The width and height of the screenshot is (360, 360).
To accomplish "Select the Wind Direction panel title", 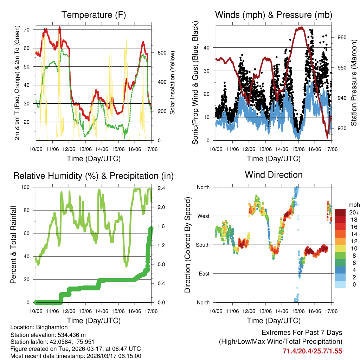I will [274, 175].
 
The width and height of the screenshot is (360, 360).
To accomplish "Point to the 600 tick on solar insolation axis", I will [161, 53].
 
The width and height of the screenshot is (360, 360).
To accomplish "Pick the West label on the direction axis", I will [203, 216].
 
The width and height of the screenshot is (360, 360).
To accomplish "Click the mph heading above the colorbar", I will [353, 205].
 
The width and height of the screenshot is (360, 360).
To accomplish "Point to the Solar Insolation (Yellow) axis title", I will [173, 83].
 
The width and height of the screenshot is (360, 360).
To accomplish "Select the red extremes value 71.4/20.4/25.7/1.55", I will [312, 351].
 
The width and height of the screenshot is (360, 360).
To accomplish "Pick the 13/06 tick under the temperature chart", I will [85, 149].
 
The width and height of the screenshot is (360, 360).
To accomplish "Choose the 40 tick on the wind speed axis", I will [208, 47].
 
